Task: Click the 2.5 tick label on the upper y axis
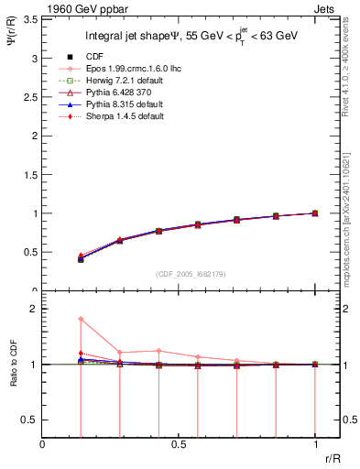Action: click(29, 96)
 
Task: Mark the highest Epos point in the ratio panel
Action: click(81, 319)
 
